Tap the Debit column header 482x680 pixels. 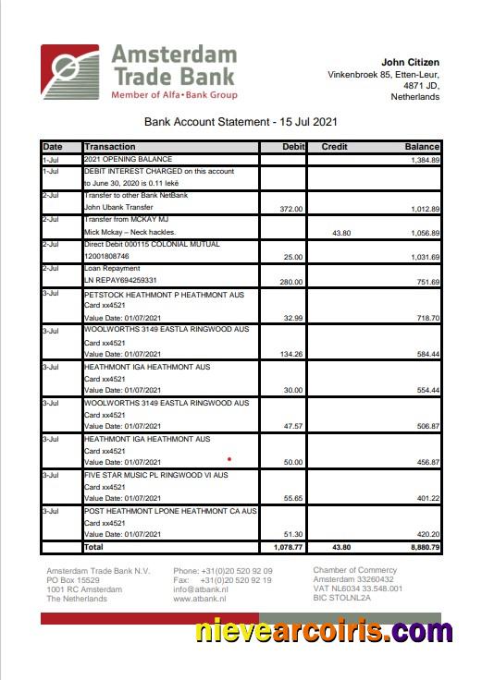293,147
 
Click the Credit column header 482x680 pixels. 334,147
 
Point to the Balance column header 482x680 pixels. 421,147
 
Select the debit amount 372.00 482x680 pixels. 291,209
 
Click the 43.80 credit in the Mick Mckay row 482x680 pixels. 339,232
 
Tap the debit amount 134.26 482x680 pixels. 290,353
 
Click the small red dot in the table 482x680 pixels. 229,457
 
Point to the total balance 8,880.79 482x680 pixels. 421,547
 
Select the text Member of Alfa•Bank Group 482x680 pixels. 174,95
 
